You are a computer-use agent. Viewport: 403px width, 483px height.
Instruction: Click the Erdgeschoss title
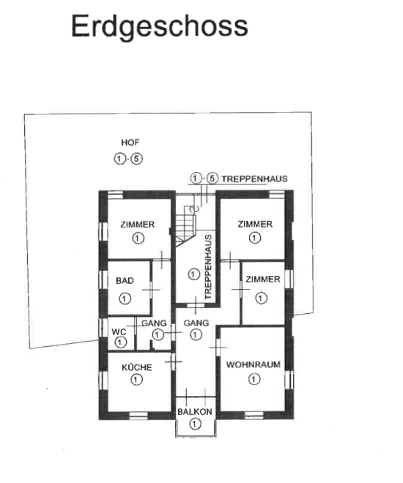coord(160,26)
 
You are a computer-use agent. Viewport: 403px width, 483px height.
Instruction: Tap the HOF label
coord(130,142)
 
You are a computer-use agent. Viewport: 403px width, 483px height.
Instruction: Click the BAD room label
coord(125,280)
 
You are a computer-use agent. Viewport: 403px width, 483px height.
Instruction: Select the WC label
coord(119,332)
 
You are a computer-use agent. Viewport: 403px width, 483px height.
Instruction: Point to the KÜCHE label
coord(137,367)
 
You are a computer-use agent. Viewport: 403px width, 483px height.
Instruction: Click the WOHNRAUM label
coord(254,364)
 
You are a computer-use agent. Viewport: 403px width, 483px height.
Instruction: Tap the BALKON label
coord(195,411)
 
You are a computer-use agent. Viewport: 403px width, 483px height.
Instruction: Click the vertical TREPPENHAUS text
coord(208,267)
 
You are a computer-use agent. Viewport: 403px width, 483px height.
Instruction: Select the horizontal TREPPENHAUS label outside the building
coord(255,179)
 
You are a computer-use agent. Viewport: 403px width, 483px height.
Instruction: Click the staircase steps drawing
coord(185,230)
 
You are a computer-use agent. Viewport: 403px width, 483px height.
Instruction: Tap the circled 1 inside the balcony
coord(195,424)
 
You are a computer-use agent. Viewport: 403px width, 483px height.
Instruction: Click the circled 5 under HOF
coord(136,159)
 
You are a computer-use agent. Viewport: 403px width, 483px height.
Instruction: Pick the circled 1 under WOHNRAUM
coord(254,379)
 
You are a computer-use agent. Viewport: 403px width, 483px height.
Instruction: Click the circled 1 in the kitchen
coord(136,380)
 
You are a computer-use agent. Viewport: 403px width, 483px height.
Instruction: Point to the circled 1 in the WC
coord(120,342)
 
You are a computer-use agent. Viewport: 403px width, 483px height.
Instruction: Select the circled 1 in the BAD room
coord(125,299)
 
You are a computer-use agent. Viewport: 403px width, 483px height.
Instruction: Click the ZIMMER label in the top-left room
coord(138,224)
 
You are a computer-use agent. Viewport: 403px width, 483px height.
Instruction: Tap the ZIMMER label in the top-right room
coord(255,224)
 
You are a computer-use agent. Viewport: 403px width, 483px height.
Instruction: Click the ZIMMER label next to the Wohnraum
coord(263,279)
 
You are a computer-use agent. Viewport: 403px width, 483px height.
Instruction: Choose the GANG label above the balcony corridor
coord(196,323)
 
